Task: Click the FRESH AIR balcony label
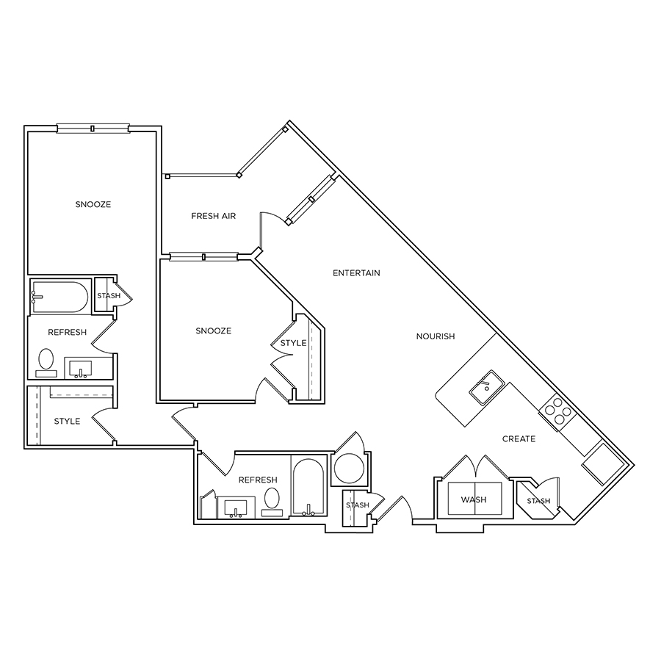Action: [x=213, y=216]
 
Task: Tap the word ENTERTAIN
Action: [x=356, y=273]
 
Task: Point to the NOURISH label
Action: [x=436, y=336]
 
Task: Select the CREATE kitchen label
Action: [x=519, y=439]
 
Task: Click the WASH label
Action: [x=474, y=500]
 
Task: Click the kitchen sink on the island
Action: [x=487, y=388]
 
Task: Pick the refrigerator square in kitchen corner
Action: [x=602, y=464]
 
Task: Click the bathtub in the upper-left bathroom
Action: [x=59, y=297]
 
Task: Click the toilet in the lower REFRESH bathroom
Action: [x=272, y=502]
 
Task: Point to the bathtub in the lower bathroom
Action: [x=308, y=487]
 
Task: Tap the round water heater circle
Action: [x=349, y=468]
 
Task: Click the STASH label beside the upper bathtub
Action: [x=109, y=296]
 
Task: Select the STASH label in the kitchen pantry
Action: [x=539, y=501]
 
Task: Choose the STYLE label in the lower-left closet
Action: [x=67, y=422]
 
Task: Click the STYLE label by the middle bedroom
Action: [x=293, y=344]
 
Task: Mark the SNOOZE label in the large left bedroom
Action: [x=93, y=204]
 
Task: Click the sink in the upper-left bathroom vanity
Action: [x=81, y=369]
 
